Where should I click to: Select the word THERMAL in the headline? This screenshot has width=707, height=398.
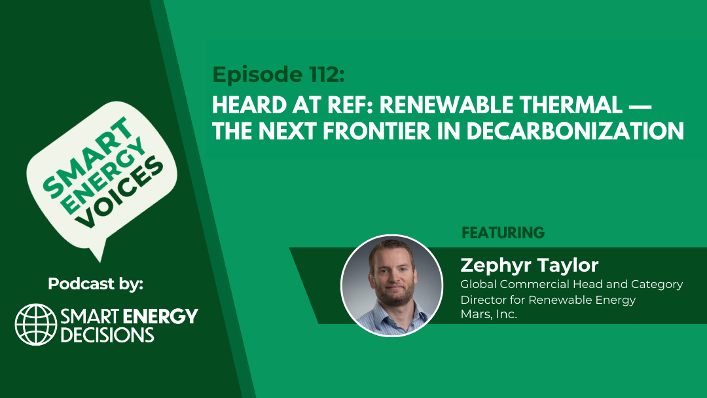coord(571,105)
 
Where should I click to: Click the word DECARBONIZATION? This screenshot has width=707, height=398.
coord(575,131)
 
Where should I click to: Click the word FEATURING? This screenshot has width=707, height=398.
coord(503,232)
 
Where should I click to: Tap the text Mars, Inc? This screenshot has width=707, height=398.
coord(489,315)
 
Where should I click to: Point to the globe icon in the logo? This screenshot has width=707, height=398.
coord(36,325)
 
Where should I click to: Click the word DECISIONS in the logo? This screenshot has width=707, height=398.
coord(107,335)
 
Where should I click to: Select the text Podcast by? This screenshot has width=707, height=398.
coord(96,283)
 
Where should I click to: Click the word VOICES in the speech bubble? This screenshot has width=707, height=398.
coord(120,192)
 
